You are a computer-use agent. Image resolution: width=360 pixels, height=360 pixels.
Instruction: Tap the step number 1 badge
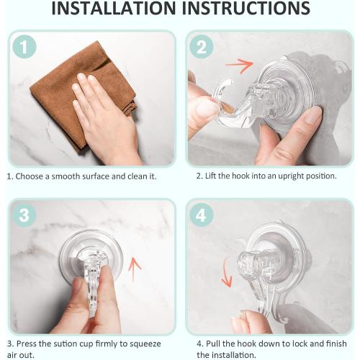25,48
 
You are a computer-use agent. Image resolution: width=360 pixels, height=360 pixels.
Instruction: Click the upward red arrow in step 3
134,271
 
